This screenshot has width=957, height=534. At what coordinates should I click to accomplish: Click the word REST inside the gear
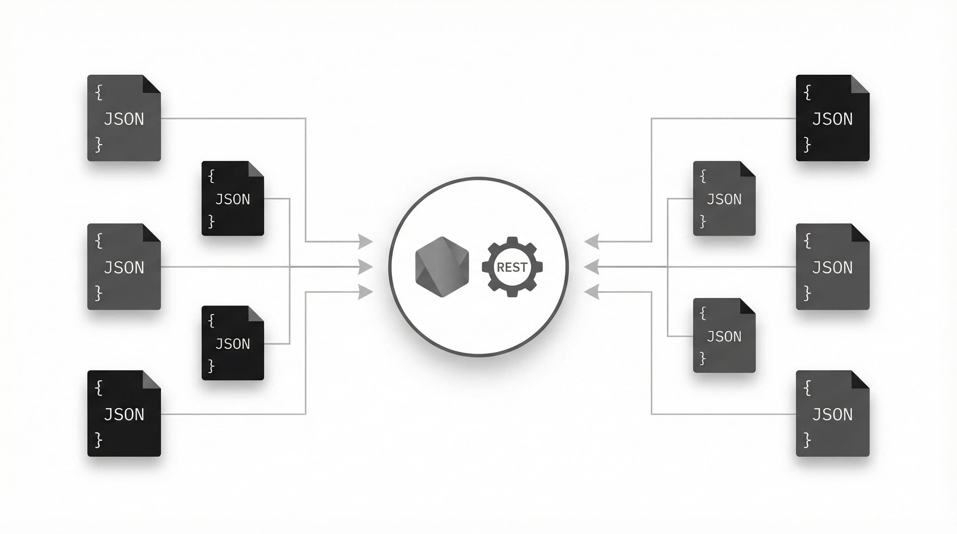pyautogui.click(x=512, y=267)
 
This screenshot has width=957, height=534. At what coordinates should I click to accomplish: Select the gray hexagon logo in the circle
pyautogui.click(x=442, y=267)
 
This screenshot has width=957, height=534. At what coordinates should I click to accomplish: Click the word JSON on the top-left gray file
pyautogui.click(x=124, y=119)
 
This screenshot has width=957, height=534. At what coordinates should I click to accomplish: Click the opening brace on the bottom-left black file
pyautogui.click(x=98, y=388)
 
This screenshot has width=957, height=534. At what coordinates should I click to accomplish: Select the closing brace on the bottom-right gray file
pyautogui.click(x=807, y=440)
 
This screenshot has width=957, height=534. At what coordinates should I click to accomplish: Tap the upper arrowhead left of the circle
pyautogui.click(x=364, y=242)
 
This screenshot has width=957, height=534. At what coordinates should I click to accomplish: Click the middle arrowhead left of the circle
pyautogui.click(x=364, y=267)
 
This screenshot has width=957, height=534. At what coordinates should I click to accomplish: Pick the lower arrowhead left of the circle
pyautogui.click(x=364, y=292)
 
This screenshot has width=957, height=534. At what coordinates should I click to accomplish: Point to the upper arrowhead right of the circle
pyautogui.click(x=592, y=242)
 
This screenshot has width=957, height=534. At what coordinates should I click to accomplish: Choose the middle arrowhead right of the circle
pyautogui.click(x=592, y=267)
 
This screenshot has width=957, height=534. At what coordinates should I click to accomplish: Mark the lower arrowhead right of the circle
pyautogui.click(x=592, y=292)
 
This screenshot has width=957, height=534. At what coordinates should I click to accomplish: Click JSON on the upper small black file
pyautogui.click(x=233, y=200)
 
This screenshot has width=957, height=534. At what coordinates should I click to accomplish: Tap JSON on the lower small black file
pyautogui.click(x=233, y=344)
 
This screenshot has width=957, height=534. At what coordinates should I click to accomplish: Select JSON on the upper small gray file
pyautogui.click(x=724, y=200)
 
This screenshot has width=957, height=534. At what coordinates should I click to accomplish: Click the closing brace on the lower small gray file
pyautogui.click(x=702, y=359)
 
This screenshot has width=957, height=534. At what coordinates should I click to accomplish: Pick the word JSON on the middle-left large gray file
pyautogui.click(x=124, y=268)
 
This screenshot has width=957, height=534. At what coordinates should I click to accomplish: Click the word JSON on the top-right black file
pyautogui.click(x=832, y=119)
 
